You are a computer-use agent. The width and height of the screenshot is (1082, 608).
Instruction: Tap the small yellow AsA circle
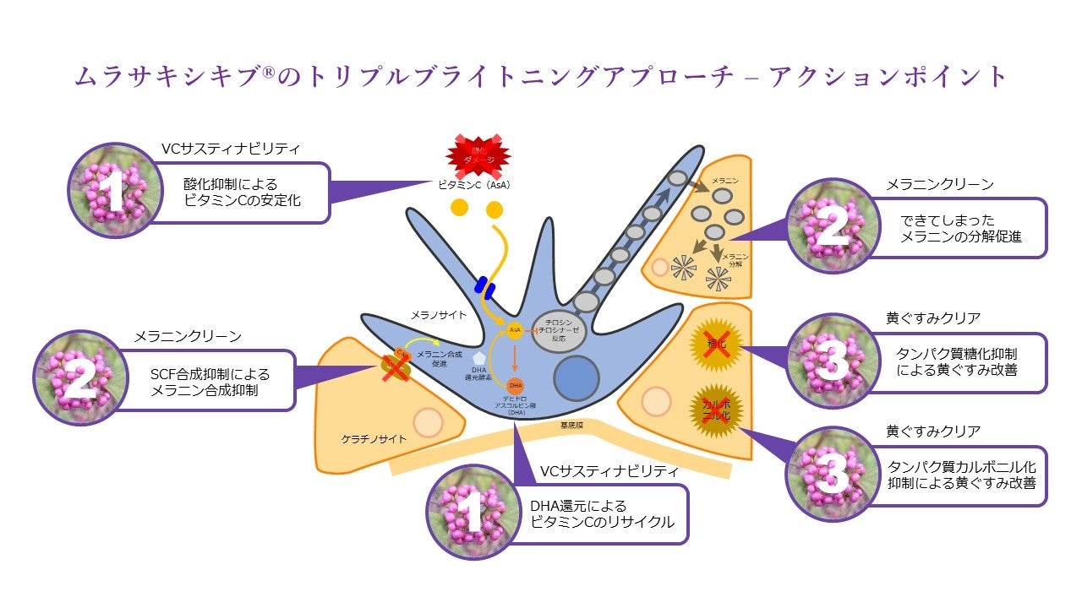514,332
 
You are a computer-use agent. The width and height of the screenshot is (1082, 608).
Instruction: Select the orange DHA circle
515,385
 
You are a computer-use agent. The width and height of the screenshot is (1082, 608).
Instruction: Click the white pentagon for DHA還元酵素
482,359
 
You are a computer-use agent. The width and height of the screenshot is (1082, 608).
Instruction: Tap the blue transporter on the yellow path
484,287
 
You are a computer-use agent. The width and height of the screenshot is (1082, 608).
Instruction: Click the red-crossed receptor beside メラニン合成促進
398,364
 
